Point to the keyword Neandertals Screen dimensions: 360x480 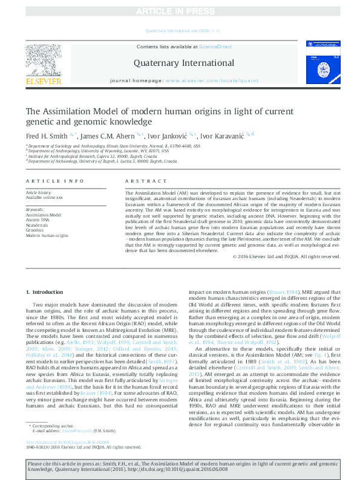(37, 225)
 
